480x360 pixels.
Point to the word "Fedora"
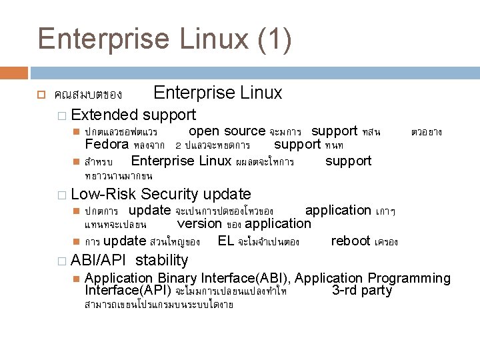pyautogui.click(x=107, y=145)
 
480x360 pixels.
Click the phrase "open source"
pyautogui.click(x=227, y=131)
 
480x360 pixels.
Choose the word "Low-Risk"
pyautogui.click(x=103, y=194)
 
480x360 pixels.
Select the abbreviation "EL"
pyautogui.click(x=225, y=241)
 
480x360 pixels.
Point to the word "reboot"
pyautogui.click(x=351, y=241)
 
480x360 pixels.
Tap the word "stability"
pyautogui.click(x=162, y=260)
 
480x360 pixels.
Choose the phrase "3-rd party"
pyautogui.click(x=362, y=291)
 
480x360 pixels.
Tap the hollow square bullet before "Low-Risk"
pyautogui.click(x=61, y=195)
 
